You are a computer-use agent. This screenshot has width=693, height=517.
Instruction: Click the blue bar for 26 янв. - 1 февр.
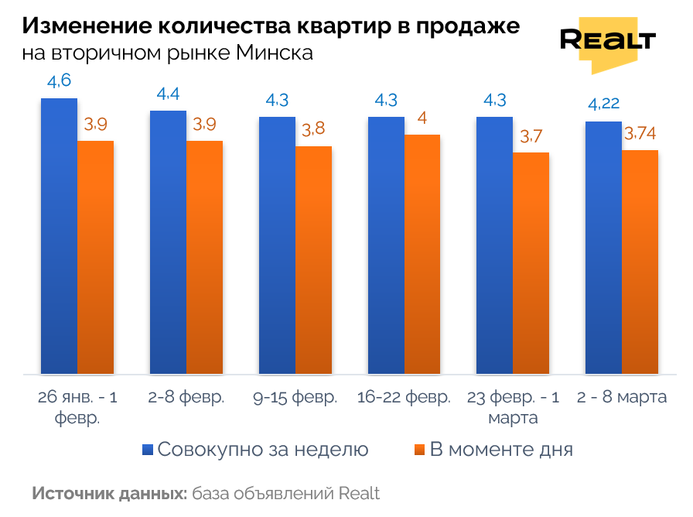(59, 236)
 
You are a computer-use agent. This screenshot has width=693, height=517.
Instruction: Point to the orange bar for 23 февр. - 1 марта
(531, 263)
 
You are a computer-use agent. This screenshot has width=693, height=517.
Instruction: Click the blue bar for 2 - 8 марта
(603, 248)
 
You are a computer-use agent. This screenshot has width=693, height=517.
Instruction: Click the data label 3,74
(640, 134)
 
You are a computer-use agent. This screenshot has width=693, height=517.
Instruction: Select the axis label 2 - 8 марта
(622, 399)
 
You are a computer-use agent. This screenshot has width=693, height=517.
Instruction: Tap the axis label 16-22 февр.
(404, 399)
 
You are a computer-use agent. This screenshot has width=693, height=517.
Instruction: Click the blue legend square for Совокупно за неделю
(148, 450)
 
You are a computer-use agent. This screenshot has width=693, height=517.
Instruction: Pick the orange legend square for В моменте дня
(420, 450)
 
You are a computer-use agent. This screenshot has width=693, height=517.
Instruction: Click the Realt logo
(607, 43)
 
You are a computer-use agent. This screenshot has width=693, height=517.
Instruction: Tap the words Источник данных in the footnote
(109, 494)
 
